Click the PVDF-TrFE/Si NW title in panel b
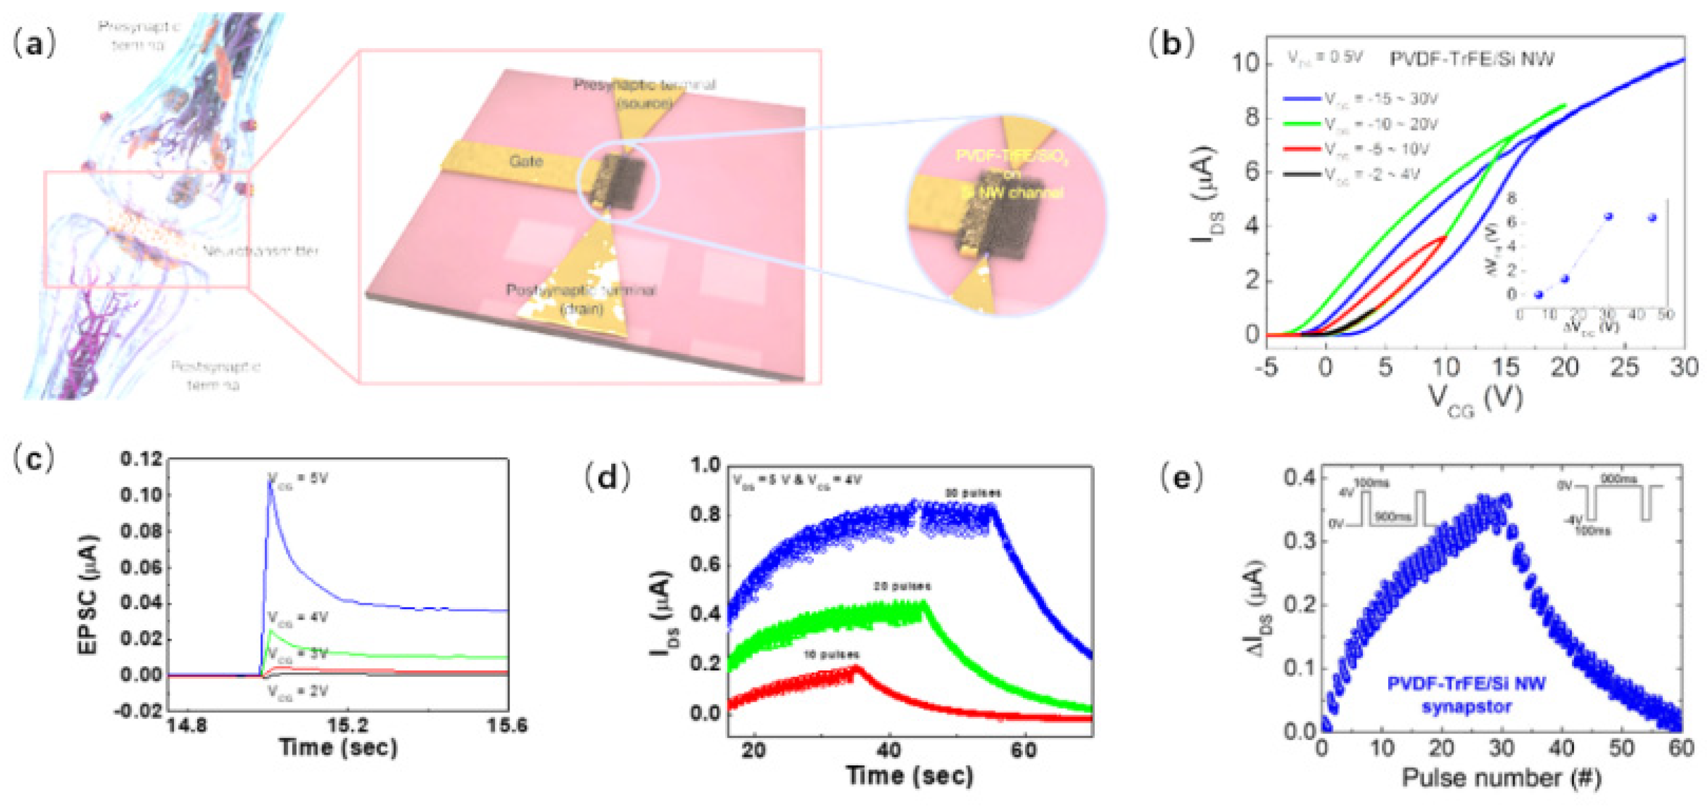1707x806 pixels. click(1471, 59)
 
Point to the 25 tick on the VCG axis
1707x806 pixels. click(1624, 367)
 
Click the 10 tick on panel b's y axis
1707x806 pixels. click(1245, 64)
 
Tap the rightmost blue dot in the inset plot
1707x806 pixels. click(1652, 217)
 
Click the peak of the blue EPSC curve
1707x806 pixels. click(270, 483)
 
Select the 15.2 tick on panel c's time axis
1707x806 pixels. click(348, 724)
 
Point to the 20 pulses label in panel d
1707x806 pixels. click(902, 586)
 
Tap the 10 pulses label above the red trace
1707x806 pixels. click(831, 654)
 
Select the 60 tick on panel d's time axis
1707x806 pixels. click(1023, 750)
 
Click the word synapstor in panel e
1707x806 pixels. click(1466, 707)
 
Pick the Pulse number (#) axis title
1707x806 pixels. click(1501, 777)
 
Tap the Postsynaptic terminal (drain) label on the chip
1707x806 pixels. click(580, 299)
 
